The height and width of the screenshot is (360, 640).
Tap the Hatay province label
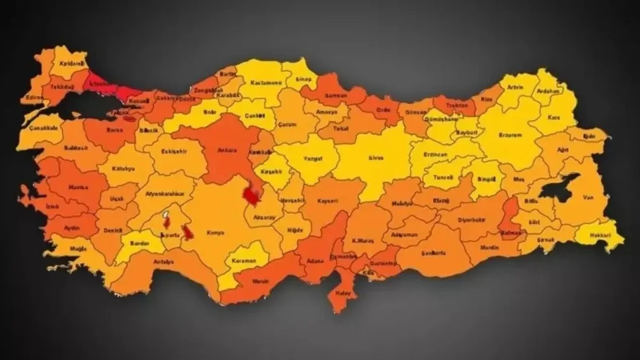pos(340,292)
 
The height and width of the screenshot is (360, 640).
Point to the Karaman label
pos(244,261)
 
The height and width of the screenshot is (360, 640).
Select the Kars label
pos(556,116)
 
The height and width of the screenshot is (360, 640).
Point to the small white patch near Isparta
pos(166,215)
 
